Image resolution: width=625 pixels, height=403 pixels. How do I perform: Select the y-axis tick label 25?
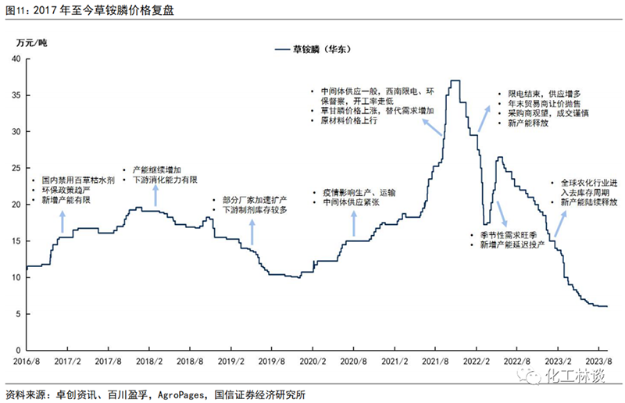point(16,168)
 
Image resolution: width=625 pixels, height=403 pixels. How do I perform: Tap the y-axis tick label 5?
point(19,313)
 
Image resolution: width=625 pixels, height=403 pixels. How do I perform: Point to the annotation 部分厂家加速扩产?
point(254,199)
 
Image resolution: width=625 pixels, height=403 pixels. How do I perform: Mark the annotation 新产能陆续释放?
point(593,203)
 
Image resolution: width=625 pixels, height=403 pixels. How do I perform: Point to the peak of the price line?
point(455,80)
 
